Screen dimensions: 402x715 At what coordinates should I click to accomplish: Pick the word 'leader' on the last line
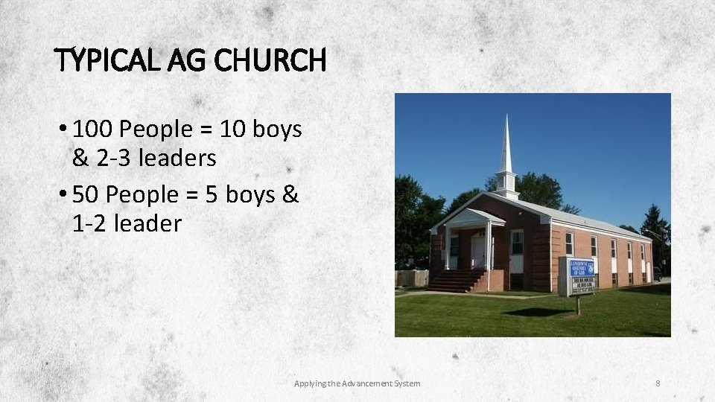[148, 223]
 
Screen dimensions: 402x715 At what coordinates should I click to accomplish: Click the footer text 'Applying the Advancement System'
[357, 383]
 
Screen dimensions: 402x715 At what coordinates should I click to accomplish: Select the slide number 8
[658, 383]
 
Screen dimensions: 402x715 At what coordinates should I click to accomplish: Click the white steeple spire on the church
[506, 149]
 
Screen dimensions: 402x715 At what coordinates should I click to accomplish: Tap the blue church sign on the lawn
[580, 269]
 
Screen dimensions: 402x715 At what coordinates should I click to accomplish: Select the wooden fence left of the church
[411, 278]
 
